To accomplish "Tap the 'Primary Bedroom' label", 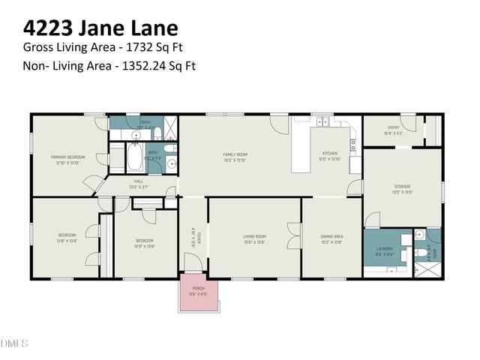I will (x=67, y=157).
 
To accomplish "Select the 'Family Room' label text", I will (x=235, y=156).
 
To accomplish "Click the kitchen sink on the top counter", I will (x=324, y=121).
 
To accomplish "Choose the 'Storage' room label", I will (x=403, y=187).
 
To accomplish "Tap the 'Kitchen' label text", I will (x=330, y=153).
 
